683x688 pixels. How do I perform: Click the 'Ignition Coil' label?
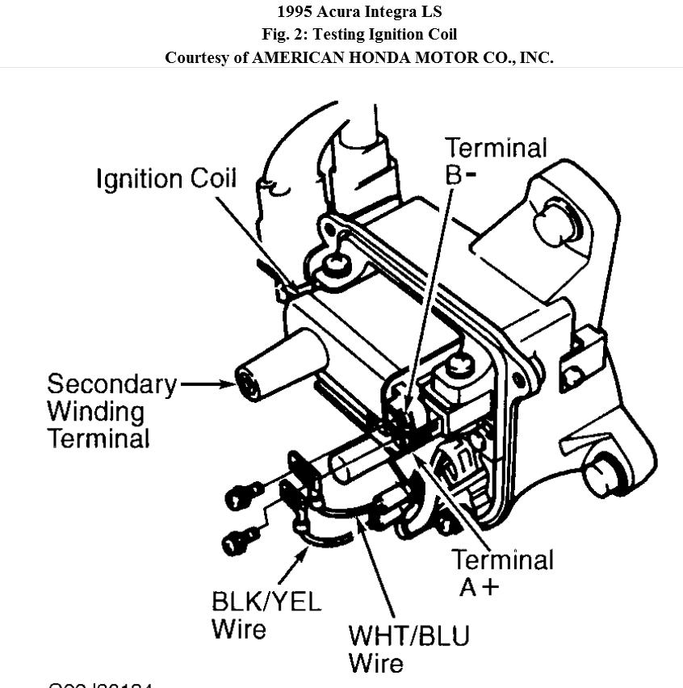[166, 178]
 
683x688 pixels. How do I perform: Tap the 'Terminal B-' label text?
[495, 161]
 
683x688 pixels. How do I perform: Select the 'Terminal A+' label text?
[502, 572]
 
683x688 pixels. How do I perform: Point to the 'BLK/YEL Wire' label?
[266, 615]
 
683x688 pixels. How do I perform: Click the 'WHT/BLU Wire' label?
[408, 648]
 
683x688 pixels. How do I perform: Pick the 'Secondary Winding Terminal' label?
[111, 411]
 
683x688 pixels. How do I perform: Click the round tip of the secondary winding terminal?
[247, 384]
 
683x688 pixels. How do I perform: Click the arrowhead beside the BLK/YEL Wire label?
[303, 552]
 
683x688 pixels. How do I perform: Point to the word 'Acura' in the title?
[339, 12]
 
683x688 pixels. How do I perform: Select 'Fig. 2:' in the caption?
[285, 35]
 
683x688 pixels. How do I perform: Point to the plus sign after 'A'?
[489, 586]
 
